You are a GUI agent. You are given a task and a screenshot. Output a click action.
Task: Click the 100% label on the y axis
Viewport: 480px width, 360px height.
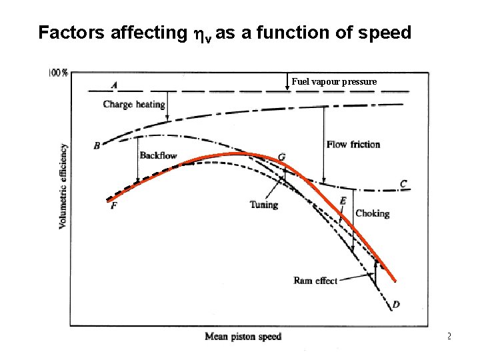58,73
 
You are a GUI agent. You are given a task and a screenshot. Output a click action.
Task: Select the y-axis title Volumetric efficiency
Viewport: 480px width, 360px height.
63,186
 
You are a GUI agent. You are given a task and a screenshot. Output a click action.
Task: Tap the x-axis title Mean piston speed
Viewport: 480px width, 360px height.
243,337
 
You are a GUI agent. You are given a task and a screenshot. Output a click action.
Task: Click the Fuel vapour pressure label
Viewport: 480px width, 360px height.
334,81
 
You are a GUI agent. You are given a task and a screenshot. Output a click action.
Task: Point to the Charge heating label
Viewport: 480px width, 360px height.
134,105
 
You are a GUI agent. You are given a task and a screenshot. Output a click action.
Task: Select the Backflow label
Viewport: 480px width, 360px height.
158,155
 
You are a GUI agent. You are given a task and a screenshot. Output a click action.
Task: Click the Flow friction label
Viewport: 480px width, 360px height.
353,144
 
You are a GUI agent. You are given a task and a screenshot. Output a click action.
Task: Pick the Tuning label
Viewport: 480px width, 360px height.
264,205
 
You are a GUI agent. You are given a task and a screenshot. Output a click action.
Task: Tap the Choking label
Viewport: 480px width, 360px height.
372,213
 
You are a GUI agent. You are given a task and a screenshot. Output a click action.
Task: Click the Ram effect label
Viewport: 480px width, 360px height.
315,281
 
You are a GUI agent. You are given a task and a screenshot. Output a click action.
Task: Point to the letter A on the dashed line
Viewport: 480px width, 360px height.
115,85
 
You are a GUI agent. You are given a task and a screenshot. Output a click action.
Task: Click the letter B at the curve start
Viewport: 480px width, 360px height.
97,145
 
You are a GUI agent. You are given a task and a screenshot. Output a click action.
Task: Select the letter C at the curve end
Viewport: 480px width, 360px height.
403,184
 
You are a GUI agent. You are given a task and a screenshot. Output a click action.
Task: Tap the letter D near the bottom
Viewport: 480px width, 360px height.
396,305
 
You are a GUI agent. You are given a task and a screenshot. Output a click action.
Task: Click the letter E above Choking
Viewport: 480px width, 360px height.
343,201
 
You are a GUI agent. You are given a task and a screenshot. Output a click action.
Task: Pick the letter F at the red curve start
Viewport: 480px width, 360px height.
113,207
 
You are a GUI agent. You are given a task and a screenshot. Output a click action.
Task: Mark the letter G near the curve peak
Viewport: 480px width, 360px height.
282,157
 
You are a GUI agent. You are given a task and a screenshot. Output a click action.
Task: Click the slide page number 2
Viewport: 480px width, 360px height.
449,336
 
